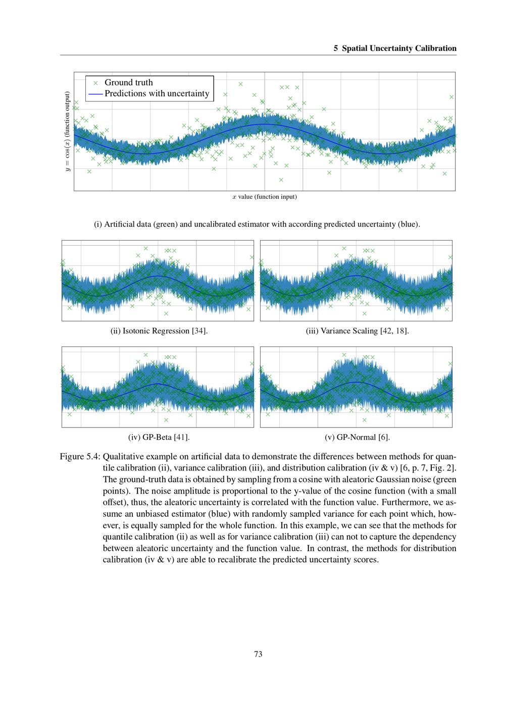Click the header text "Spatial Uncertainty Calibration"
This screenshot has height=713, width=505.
point(399,48)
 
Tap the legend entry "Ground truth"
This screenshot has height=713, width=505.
point(128,82)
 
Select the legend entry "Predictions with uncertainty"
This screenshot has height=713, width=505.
point(157,94)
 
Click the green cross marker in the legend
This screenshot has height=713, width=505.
point(95,83)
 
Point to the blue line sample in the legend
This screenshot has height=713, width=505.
point(95,94)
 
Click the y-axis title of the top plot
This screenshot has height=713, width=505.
point(67,132)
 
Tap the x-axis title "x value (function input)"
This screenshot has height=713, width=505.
point(265,197)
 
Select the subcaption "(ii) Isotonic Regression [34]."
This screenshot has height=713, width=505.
point(159,331)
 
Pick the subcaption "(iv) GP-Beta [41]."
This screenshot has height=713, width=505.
point(159,437)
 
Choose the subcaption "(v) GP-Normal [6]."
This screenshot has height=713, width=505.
point(357,437)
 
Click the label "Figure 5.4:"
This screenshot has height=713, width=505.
point(80,456)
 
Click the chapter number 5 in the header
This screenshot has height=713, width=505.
point(336,48)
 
